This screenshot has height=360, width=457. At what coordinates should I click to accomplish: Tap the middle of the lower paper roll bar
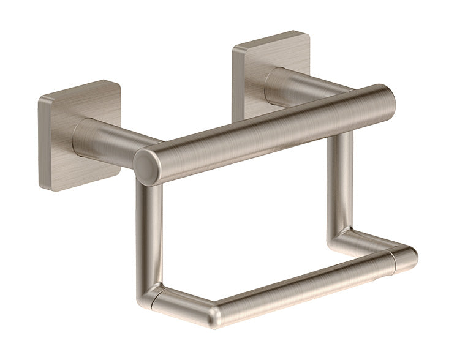(306, 283)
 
